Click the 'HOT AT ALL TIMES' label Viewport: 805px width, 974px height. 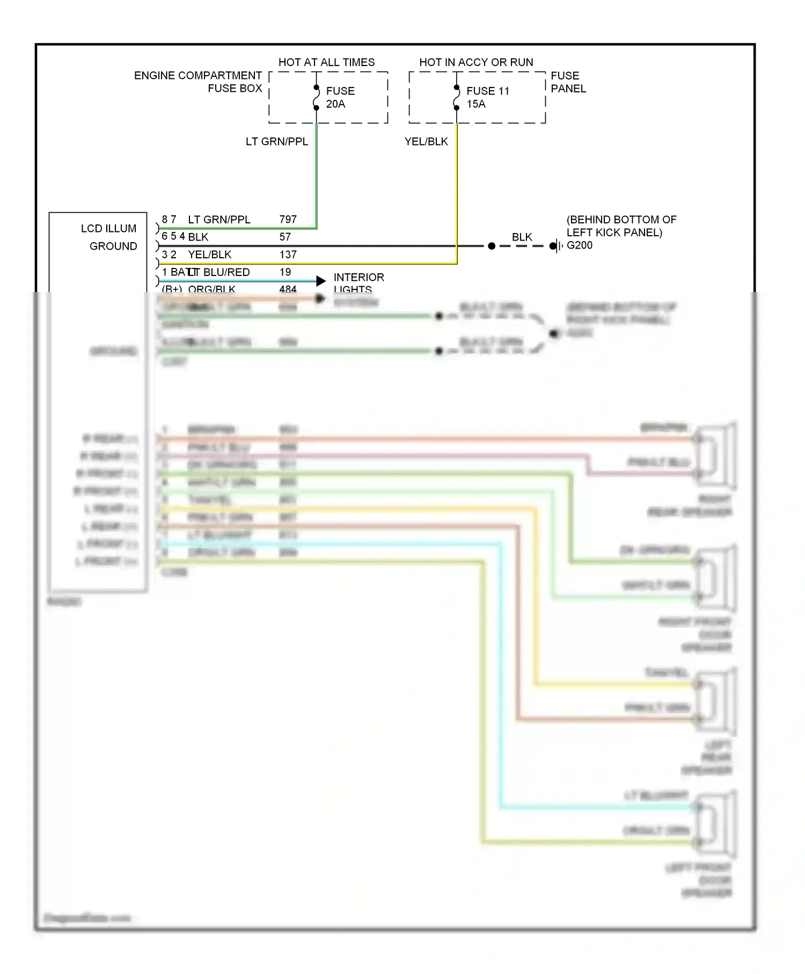[326, 62]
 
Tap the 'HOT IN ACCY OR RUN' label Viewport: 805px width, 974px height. [476, 62]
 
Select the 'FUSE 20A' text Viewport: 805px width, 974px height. [340, 97]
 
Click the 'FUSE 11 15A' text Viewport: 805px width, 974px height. [487, 97]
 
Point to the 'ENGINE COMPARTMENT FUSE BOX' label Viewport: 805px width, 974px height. [198, 82]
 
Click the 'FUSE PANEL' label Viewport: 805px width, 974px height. [568, 82]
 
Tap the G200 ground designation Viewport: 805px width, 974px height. [580, 245]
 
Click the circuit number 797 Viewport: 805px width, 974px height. [288, 219]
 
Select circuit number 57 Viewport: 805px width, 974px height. [285, 237]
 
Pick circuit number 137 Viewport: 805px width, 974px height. [288, 255]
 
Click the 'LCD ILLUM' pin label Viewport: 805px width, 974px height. [108, 228]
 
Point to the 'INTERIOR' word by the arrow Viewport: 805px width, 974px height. [358, 277]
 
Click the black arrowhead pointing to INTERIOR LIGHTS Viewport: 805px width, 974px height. [321, 281]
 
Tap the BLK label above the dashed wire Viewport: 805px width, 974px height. [522, 237]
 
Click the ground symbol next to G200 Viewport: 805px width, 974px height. [558, 246]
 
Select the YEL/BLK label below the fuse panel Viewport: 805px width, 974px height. [426, 141]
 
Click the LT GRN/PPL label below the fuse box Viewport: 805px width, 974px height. [276, 141]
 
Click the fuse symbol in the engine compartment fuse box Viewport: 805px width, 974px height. [317, 98]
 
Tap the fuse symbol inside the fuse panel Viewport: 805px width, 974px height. [457, 98]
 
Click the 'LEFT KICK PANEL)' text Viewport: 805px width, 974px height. [614, 232]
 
